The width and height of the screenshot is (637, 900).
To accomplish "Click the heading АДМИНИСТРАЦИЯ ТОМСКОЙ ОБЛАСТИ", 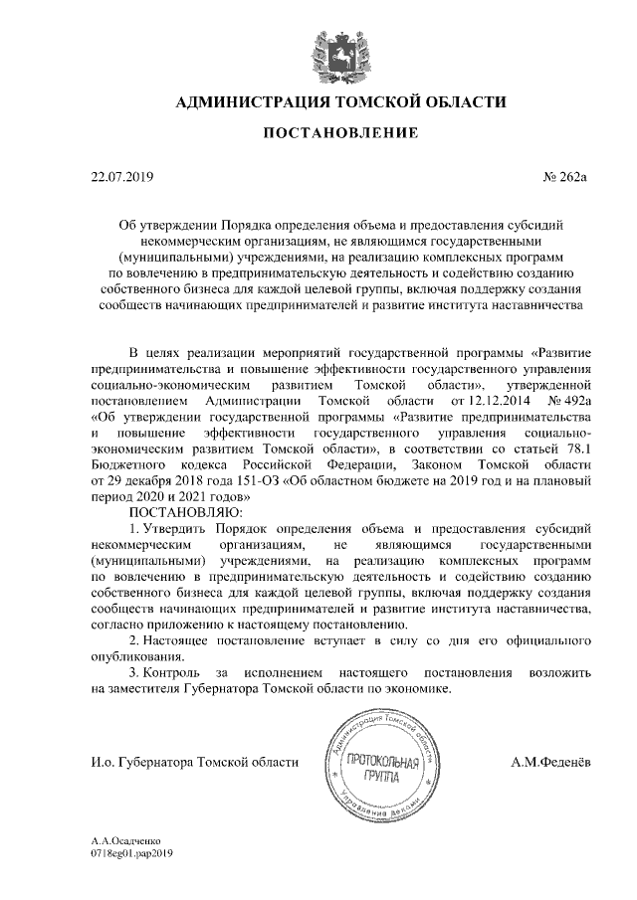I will [318, 101].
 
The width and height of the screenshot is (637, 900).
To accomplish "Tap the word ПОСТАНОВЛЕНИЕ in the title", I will [318, 133].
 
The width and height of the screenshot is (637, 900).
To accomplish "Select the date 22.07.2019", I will [117, 178].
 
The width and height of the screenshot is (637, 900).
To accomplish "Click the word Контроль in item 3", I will [174, 672].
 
